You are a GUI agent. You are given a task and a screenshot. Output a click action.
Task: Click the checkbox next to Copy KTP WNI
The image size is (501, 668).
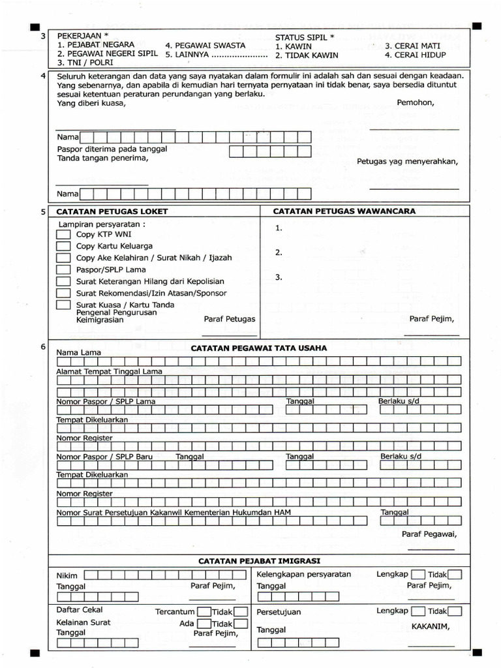63,234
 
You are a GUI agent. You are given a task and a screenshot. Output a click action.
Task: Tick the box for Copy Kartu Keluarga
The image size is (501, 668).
63,246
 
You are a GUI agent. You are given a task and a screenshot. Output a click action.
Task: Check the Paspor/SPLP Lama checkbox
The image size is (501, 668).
63,269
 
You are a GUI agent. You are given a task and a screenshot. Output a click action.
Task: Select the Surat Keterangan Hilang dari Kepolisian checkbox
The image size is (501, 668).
63,281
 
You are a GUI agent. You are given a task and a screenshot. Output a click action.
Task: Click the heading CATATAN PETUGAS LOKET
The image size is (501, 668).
112,211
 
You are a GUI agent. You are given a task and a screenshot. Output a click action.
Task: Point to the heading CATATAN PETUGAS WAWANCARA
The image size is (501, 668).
344,211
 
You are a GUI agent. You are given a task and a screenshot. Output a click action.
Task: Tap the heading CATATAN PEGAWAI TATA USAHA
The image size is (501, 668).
259,348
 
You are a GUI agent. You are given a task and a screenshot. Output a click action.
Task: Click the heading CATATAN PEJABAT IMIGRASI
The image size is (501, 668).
259,561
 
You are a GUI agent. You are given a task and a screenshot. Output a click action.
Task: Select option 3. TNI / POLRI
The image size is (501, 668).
85,63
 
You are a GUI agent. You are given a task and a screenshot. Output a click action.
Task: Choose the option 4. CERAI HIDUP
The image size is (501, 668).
416,55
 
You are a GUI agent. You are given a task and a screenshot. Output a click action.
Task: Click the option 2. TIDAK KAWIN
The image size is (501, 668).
307,55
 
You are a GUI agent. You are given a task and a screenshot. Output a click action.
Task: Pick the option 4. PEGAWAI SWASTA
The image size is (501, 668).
205,46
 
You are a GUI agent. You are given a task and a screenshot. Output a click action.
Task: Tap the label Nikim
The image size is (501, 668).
67,575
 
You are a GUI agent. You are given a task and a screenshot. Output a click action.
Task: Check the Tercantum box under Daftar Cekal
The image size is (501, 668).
204,612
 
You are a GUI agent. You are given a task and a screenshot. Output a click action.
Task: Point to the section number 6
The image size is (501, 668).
43,347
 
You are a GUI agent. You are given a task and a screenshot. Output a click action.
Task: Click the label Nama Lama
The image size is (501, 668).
79,352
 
